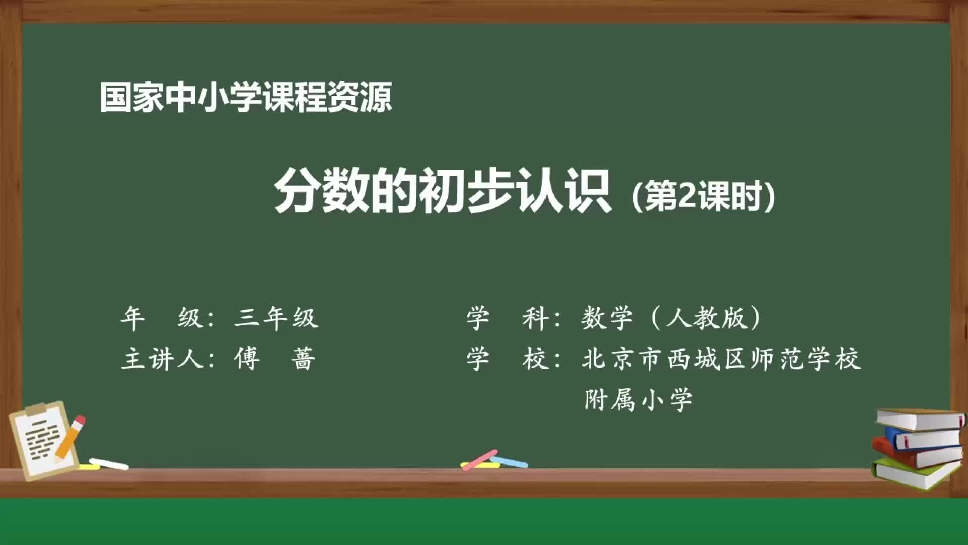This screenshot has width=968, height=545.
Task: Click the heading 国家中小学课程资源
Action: point(246,97)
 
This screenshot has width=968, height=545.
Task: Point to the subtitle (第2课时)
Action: point(703,197)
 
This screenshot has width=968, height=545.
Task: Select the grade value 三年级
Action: point(276,318)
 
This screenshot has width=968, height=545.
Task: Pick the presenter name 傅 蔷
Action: point(275,359)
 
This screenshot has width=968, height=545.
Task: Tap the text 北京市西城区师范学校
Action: point(721,359)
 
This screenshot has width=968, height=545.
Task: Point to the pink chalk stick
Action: point(479,460)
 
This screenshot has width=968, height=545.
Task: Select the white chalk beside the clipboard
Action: point(108,464)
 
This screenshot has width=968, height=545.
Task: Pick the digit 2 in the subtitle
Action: point(686,196)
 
